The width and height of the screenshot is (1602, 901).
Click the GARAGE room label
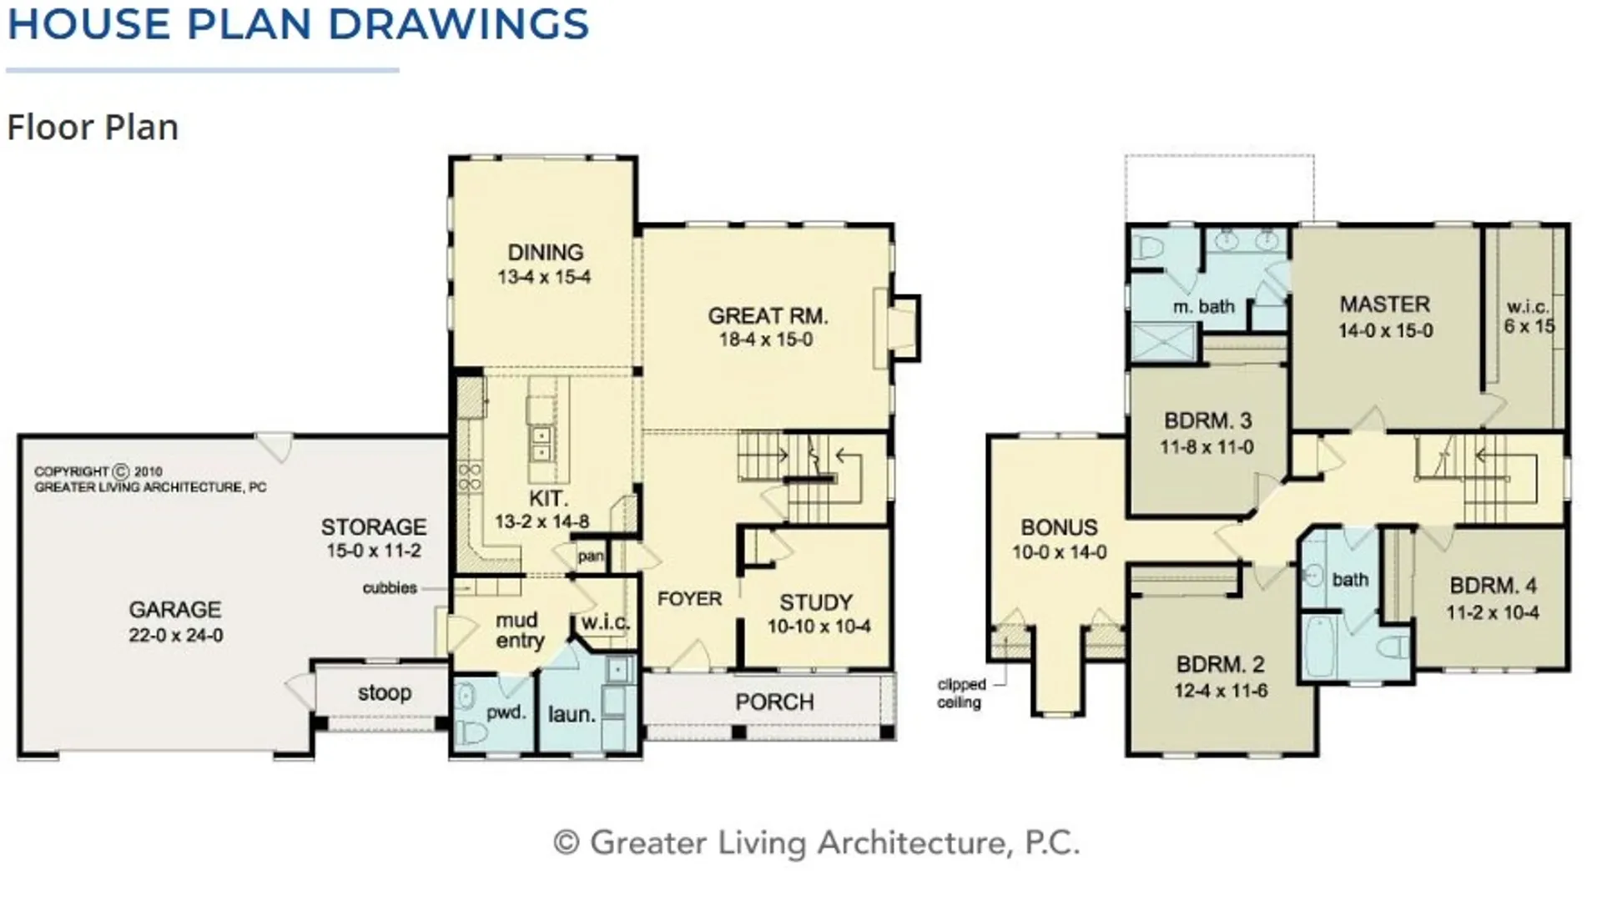click(x=175, y=610)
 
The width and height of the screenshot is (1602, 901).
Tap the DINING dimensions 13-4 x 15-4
click(x=544, y=278)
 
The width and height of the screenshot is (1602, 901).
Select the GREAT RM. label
click(x=768, y=316)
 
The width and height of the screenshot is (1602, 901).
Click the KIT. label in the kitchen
click(x=548, y=499)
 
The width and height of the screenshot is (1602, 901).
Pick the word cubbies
click(x=390, y=588)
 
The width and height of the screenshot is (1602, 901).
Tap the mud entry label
click(x=519, y=630)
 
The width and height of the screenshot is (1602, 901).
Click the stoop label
click(x=385, y=693)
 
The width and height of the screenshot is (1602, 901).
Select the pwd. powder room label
click(x=506, y=713)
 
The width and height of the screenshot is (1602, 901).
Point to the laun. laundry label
click(x=572, y=715)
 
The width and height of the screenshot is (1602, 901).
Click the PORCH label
click(x=774, y=702)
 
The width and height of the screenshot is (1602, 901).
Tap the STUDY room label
click(x=816, y=602)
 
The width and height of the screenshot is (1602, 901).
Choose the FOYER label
click(x=689, y=599)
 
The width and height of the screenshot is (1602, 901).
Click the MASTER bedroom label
click(x=1385, y=305)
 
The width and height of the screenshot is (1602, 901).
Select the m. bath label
click(x=1203, y=307)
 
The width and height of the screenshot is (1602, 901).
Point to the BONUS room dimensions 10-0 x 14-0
click(x=1060, y=552)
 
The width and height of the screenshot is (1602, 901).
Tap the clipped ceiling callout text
click(x=961, y=693)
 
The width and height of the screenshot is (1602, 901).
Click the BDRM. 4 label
click(x=1493, y=586)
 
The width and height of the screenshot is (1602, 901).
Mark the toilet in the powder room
click(x=470, y=731)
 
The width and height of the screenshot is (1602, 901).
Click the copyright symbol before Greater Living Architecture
click(x=567, y=843)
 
